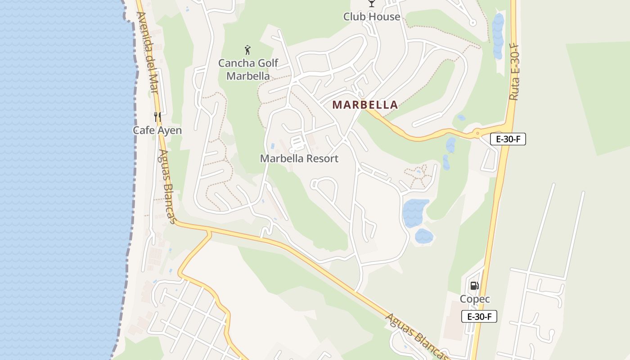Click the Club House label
coord(372,17)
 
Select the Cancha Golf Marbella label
coord(248,69)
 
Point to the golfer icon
coord(247,49)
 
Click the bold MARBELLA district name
coord(365,105)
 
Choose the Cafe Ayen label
coord(157,130)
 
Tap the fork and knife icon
coord(157,117)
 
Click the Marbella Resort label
coord(299,158)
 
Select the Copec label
coord(475,299)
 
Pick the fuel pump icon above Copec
coord(474,286)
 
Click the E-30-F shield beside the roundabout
coord(508,139)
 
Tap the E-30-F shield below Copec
coord(479,316)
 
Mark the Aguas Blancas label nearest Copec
coord(416,335)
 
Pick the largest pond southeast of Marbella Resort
coord(414,212)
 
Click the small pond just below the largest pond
coord(423,236)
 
